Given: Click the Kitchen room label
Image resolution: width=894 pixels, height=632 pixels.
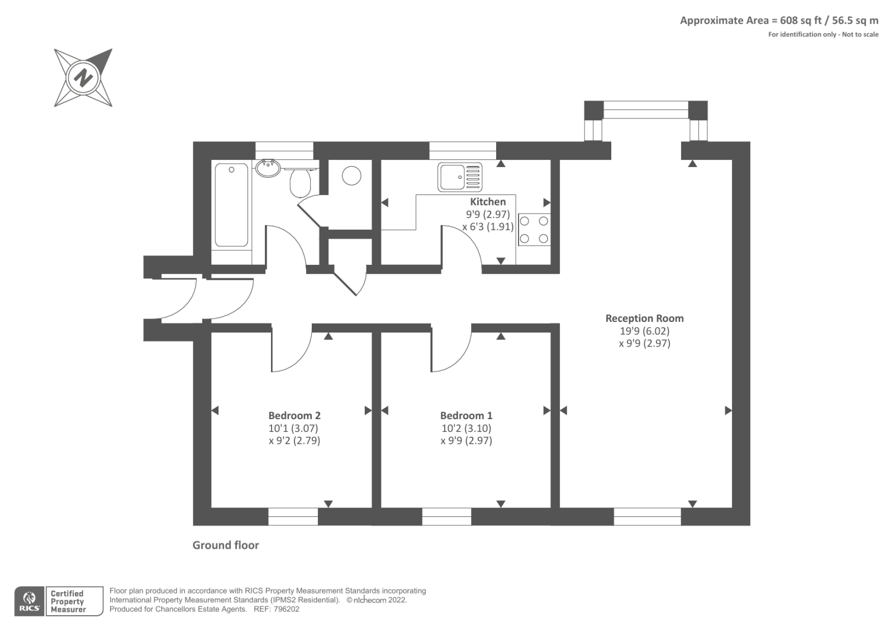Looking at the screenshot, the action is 488,202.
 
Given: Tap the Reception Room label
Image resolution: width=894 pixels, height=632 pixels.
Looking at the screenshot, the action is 645,318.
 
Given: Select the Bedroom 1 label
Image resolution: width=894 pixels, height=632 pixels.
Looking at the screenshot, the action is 466,416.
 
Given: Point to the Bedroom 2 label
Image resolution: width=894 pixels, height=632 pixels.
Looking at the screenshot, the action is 294,416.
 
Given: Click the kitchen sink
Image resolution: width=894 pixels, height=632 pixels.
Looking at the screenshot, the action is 460,177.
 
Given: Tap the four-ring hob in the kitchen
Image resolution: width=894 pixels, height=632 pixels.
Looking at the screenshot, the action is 534,230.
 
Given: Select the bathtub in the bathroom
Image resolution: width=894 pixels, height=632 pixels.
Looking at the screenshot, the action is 231,205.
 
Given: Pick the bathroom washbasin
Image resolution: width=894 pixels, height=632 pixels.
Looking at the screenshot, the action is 268,168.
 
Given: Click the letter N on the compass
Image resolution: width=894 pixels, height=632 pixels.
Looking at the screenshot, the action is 83,78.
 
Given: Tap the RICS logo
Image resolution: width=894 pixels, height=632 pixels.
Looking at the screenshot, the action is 30,601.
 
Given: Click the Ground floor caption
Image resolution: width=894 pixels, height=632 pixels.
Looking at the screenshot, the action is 226,545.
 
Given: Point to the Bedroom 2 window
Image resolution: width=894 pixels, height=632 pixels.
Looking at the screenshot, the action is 293,517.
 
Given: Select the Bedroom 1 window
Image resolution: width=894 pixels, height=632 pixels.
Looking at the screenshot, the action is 446,517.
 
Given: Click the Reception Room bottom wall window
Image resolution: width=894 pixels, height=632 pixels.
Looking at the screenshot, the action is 648,517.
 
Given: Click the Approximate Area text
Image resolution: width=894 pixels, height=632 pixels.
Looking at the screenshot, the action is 779,20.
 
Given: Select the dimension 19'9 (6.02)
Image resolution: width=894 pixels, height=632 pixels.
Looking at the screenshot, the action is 645,331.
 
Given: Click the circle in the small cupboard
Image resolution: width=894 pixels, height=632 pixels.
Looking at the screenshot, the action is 351,175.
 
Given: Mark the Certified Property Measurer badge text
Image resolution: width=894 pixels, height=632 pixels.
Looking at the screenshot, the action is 68,601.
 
